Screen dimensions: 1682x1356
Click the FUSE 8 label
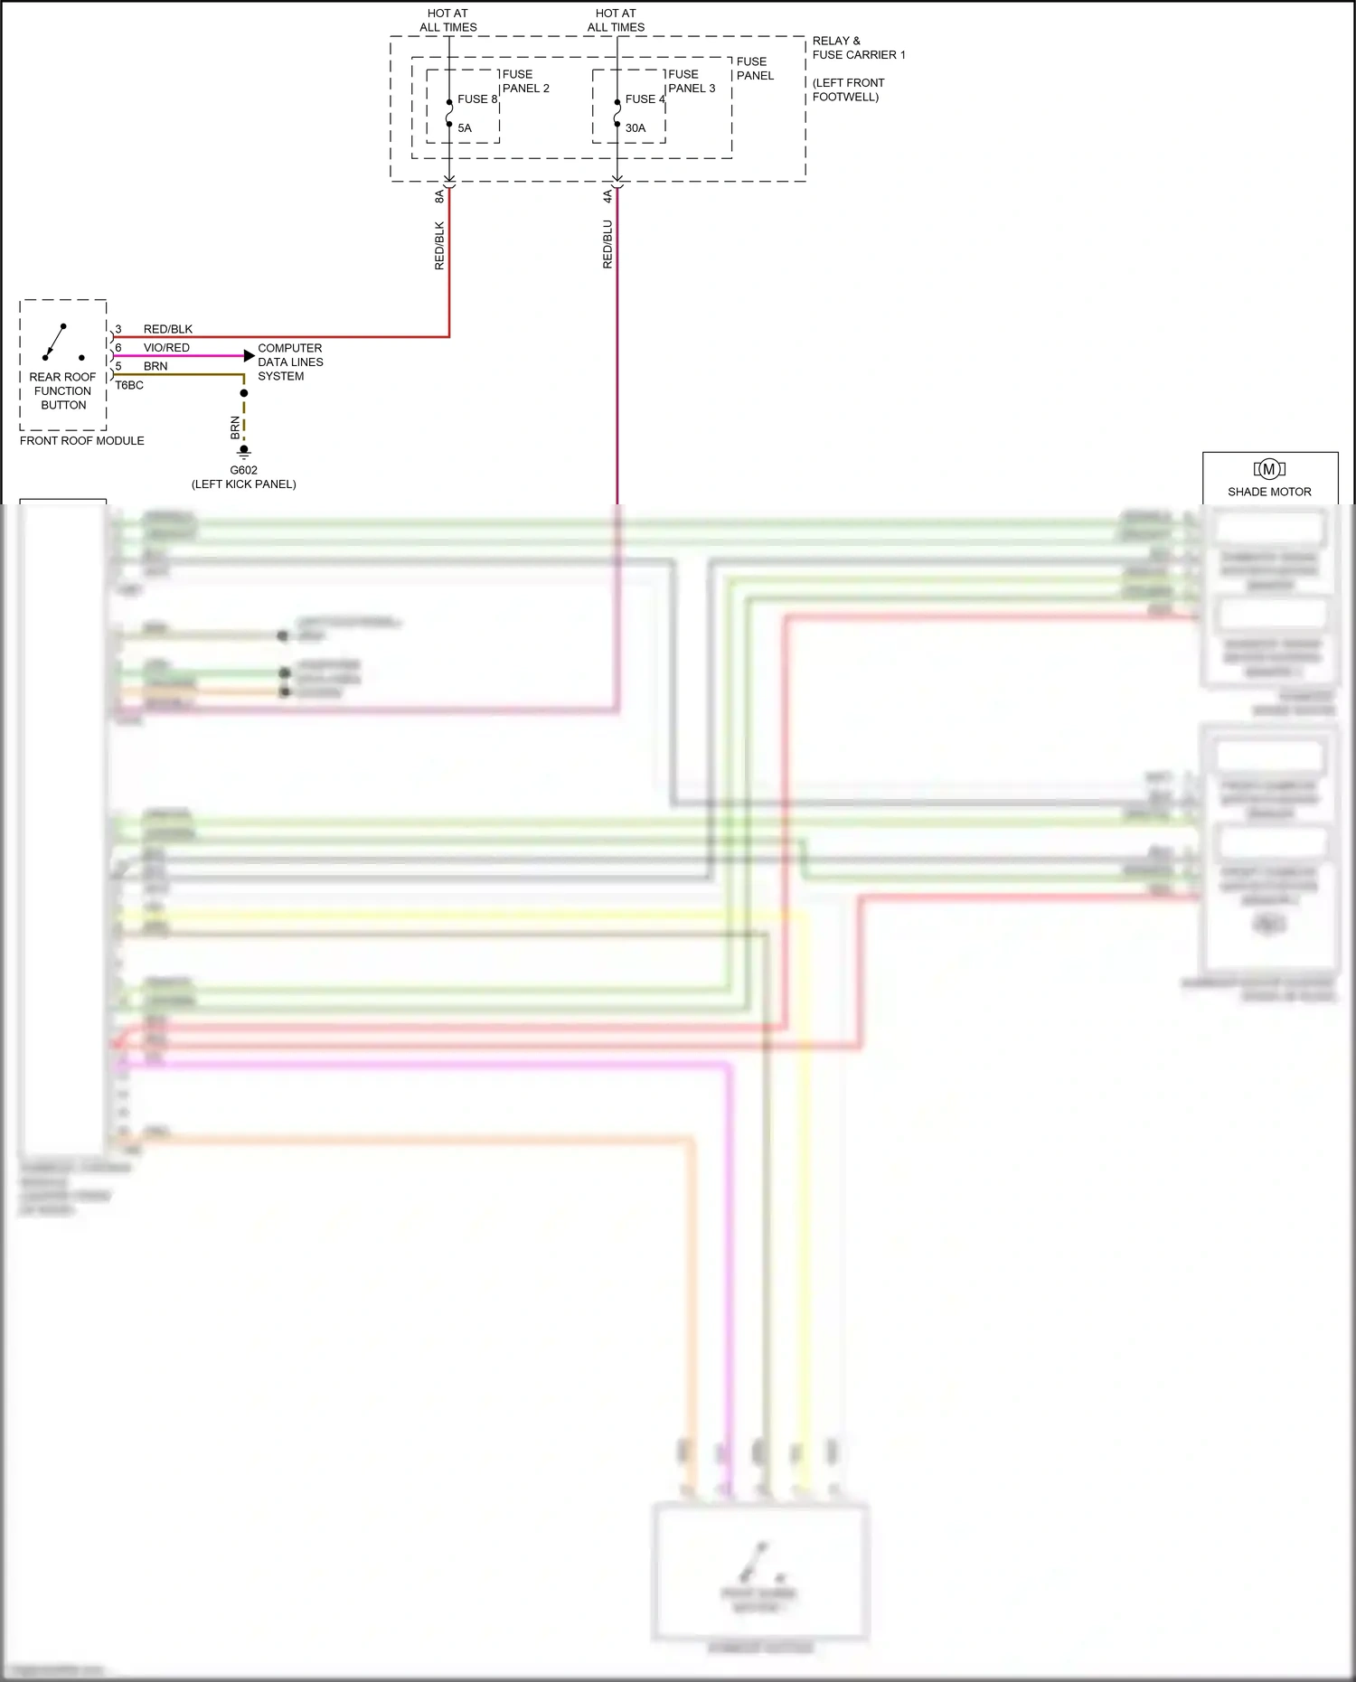[x=476, y=99]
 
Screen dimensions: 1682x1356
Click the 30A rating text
[x=636, y=128]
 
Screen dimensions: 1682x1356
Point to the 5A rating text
[x=465, y=128]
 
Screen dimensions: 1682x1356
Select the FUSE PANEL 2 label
[x=525, y=81]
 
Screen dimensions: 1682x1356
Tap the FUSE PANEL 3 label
[x=692, y=81]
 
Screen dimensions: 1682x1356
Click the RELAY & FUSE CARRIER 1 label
[x=858, y=48]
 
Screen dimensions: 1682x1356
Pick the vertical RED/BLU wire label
[x=607, y=244]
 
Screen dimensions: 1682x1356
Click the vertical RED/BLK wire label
[x=439, y=245]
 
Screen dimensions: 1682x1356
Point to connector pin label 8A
[x=439, y=195]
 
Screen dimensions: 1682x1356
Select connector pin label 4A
[x=607, y=195]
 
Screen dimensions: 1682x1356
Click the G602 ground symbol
[x=244, y=452]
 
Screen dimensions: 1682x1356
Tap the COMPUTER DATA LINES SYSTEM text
[x=290, y=362]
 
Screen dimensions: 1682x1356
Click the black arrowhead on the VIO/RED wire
[x=250, y=356]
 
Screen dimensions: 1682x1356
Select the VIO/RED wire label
[x=166, y=348]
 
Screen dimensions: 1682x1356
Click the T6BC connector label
[x=129, y=385]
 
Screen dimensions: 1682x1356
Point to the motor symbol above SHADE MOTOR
[x=1269, y=469]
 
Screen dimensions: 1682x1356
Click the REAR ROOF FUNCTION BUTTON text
[x=63, y=390]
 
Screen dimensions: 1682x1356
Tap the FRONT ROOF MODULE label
[x=82, y=441]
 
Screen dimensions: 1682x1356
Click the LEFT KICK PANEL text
[x=244, y=484]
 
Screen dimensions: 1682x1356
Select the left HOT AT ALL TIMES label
[x=448, y=20]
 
